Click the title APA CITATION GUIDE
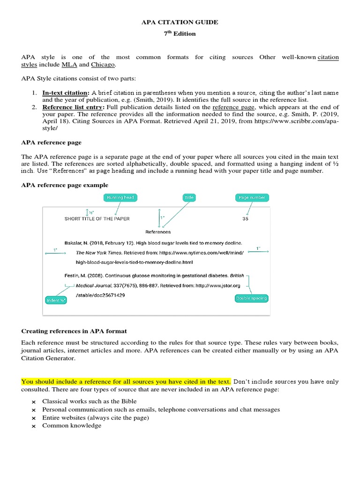pos(180,22)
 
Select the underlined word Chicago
pos(103,65)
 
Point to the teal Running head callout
pos(120,197)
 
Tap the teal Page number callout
pos(252,197)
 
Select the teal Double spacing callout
pos(251,298)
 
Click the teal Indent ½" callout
pos(56,300)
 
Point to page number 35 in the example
pos(245,218)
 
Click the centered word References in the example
pos(158,232)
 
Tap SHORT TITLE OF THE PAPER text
pos(97,218)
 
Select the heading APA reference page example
pos(65,185)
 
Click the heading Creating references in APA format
pos(74,331)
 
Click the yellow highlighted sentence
pos(126,382)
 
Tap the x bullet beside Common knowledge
pos(33,426)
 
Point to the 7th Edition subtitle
pos(180,34)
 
